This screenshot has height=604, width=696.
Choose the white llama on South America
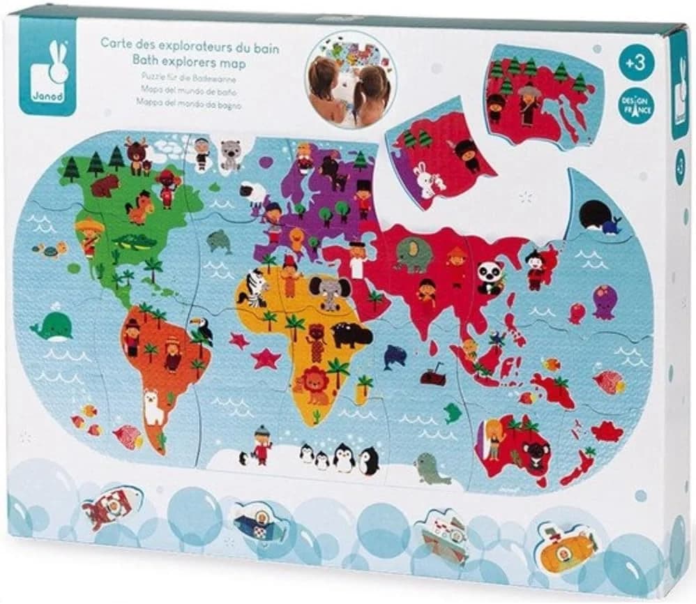pos(151,410)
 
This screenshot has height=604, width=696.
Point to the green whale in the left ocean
pos(52,326)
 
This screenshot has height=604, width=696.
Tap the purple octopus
pos(603,302)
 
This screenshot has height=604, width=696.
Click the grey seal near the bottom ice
pos(425,467)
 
